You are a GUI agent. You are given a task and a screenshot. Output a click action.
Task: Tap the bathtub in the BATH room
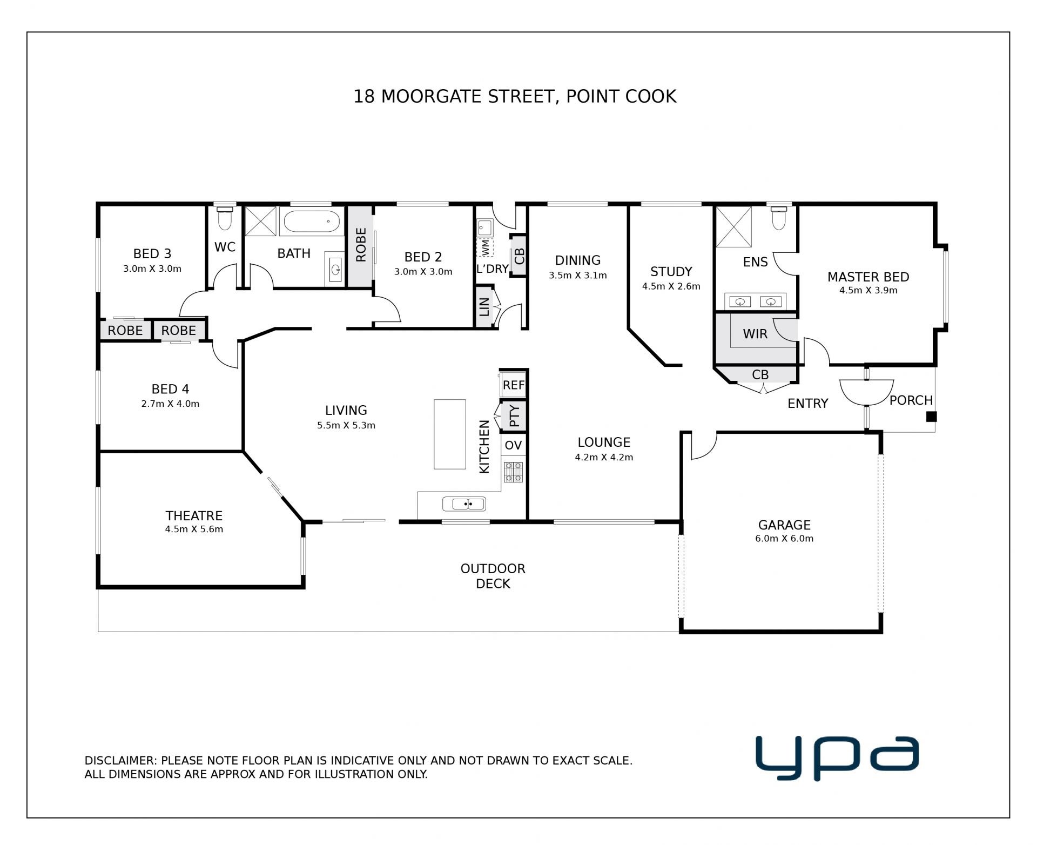tap(312, 221)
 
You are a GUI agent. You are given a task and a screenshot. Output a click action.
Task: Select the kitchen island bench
tap(450, 434)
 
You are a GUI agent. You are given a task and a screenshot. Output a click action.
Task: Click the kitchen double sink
tap(464, 504)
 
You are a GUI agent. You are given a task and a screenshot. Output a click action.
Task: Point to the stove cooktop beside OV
tap(513, 471)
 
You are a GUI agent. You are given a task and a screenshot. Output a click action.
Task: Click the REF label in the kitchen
tap(513, 385)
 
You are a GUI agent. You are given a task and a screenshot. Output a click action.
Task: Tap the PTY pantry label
tap(514, 415)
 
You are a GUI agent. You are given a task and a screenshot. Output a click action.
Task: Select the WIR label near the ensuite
tap(755, 334)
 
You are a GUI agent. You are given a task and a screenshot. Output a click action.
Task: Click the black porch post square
tap(931, 417)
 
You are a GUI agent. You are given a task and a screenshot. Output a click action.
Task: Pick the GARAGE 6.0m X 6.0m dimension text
tap(784, 538)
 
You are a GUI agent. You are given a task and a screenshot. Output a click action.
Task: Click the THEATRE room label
tap(194, 515)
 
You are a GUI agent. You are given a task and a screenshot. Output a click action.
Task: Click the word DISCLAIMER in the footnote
tap(120, 760)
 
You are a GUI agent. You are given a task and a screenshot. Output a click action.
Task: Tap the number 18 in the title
tap(364, 97)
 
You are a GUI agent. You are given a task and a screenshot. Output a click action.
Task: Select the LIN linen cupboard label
tap(484, 307)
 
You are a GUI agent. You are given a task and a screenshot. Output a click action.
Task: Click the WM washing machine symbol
tap(485, 248)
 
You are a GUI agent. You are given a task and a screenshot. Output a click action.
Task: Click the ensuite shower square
tap(733, 227)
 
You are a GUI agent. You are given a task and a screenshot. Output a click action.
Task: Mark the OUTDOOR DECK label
tap(493, 576)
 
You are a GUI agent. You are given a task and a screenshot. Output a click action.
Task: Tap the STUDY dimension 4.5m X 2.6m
tap(671, 286)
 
